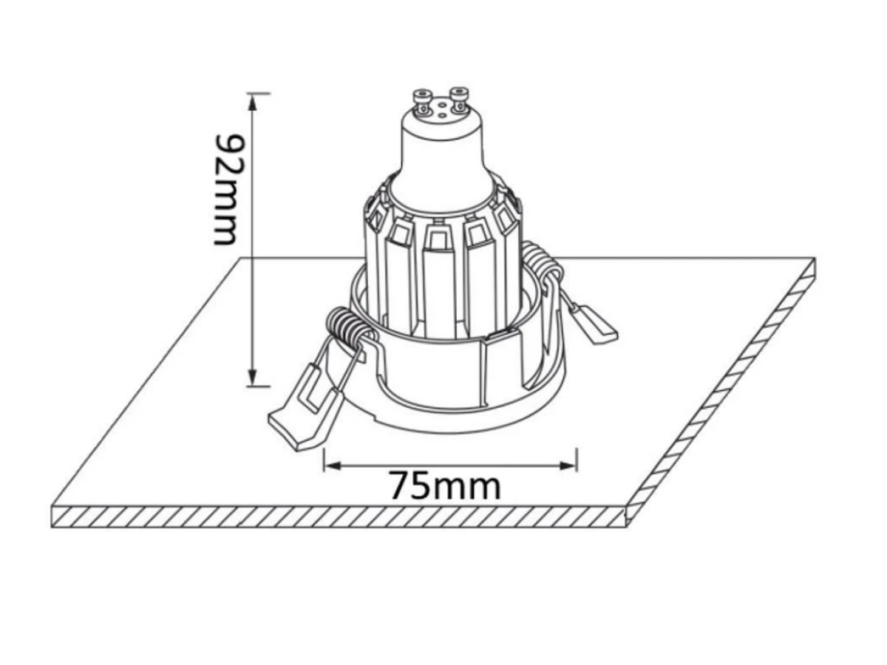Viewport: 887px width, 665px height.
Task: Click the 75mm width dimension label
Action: pos(445,485)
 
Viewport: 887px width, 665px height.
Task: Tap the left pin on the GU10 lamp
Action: pos(423,102)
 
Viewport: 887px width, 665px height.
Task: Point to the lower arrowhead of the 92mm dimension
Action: pos(253,375)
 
